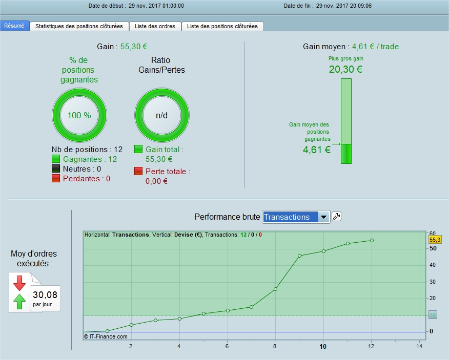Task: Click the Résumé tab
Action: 14,26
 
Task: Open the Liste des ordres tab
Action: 155,26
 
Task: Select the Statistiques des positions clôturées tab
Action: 79,26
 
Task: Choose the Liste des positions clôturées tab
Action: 222,26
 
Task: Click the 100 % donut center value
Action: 79,115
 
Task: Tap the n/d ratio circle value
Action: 162,115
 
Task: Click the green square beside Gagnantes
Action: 56,159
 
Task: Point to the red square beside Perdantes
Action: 56,179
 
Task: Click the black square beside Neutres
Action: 56,169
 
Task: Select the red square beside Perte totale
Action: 139,171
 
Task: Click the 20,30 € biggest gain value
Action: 345,69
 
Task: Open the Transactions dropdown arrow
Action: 323,217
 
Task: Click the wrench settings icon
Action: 336,217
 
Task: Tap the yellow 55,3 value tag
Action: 435,239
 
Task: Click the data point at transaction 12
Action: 372,240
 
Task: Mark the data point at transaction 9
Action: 299,256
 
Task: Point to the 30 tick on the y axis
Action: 432,282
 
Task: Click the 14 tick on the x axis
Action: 419,347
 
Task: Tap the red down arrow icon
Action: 19,283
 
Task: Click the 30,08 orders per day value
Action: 45,294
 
